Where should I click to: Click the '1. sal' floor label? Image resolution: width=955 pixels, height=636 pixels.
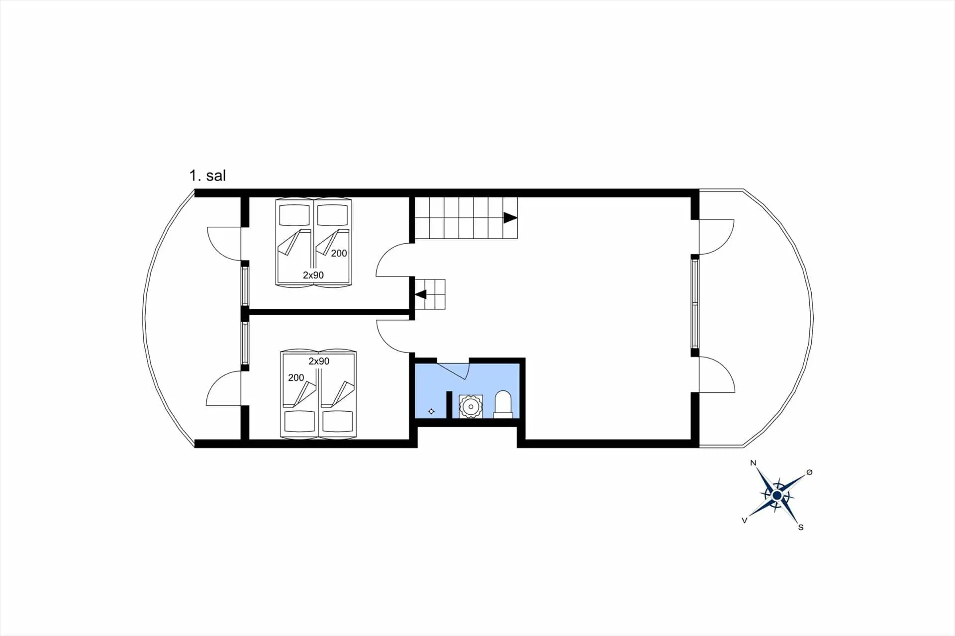[x=207, y=176]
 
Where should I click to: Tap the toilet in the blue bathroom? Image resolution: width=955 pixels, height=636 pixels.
[x=503, y=404]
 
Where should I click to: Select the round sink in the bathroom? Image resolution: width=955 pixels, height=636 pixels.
[x=471, y=406]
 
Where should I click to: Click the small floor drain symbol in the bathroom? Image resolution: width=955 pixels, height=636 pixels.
[x=431, y=411]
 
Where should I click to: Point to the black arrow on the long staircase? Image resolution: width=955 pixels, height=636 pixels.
[x=510, y=218]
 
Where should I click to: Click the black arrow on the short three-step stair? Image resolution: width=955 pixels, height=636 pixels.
[x=421, y=294]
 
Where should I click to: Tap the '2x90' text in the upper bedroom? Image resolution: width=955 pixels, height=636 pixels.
[x=313, y=275]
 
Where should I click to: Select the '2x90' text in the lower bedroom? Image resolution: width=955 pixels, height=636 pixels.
[x=319, y=361]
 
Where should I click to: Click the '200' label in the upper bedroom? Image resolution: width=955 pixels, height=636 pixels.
[x=339, y=253]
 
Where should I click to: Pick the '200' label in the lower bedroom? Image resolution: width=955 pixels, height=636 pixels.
[x=296, y=377]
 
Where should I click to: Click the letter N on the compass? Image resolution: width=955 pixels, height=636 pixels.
[x=753, y=463]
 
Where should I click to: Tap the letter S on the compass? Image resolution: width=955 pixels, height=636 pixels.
[x=801, y=527]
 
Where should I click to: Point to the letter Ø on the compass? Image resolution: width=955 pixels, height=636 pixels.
[x=809, y=472]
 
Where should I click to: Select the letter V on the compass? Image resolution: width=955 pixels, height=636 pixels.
[x=745, y=520]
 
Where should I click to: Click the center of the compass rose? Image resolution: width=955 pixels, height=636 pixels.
[x=777, y=495]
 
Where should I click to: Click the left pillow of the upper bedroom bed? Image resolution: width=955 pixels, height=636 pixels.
[x=294, y=215]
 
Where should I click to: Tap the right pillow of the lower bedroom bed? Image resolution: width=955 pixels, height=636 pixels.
[x=338, y=422]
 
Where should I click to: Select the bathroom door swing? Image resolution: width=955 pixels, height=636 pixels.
[x=455, y=371]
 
